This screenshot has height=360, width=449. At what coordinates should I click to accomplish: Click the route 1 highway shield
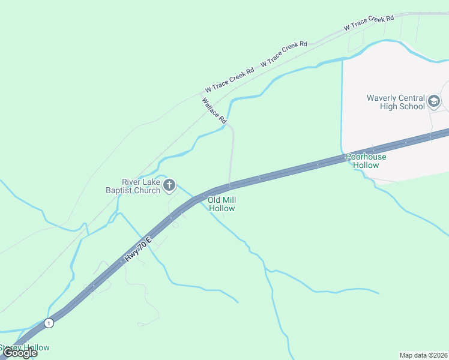(49, 323)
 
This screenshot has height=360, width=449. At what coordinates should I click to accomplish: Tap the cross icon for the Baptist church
(169, 185)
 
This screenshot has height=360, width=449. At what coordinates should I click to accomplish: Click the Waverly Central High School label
(396, 103)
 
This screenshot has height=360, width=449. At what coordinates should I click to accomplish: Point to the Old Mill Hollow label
(221, 204)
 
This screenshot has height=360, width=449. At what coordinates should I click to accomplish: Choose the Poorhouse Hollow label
(366, 161)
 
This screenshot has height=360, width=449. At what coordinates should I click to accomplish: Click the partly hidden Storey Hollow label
(25, 347)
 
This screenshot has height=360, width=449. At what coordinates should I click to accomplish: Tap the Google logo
(19, 353)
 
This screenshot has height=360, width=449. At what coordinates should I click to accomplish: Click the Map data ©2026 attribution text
(423, 355)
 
